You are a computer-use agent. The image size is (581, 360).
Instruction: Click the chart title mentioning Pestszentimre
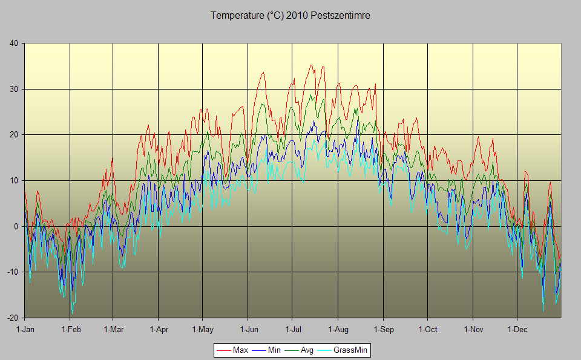[x=290, y=16]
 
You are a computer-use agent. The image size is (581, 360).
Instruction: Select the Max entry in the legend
[x=240, y=350]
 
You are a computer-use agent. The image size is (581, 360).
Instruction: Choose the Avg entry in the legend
[x=307, y=350]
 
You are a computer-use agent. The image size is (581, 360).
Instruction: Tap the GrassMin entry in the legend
[x=350, y=350]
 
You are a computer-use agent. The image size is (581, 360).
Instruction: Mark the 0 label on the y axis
[x=16, y=226]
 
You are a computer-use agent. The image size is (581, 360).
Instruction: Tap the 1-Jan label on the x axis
[x=25, y=330]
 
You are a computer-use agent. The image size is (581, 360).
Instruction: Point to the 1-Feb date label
[x=71, y=330]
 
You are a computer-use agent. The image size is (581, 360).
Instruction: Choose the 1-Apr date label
[x=158, y=330]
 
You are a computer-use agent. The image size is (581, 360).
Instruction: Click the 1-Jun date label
[x=249, y=330]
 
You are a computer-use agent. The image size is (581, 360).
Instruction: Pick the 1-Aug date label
[x=338, y=330]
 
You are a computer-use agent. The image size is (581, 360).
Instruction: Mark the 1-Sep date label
[x=383, y=330]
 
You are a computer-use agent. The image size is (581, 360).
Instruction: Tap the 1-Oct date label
[x=427, y=330]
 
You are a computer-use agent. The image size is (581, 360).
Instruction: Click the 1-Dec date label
[x=517, y=330]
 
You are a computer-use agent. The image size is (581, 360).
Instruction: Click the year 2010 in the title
[x=297, y=16]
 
